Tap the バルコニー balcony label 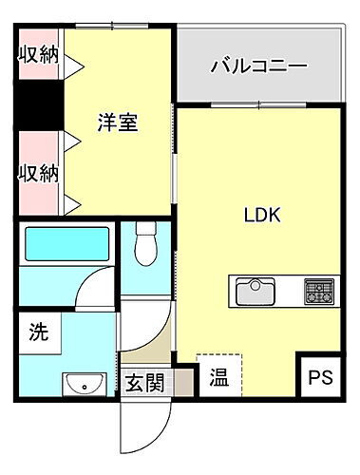[x=257, y=68]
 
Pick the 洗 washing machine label [x=38, y=334]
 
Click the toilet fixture [x=145, y=244]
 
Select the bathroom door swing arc [x=94, y=287]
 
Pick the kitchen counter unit [x=282, y=290]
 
